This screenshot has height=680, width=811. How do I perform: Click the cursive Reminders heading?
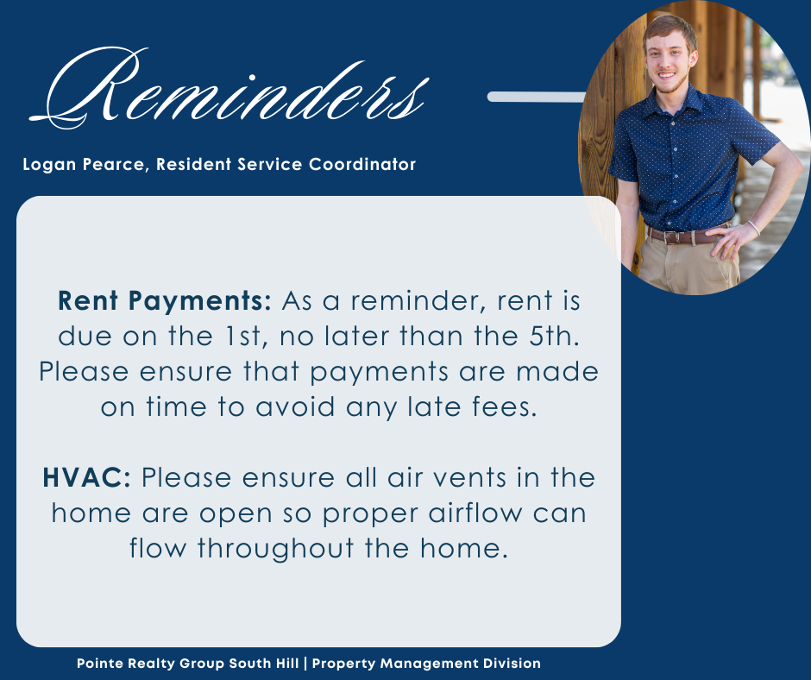click(x=229, y=88)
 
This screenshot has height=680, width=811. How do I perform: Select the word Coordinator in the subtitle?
click(x=362, y=165)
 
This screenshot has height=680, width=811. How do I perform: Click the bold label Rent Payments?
click(x=165, y=301)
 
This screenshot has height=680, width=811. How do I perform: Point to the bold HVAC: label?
click(x=87, y=477)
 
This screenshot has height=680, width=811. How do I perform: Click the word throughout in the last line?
click(x=276, y=549)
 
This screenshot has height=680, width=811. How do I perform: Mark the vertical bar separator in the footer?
click(x=305, y=664)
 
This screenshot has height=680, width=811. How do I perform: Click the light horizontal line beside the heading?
click(x=537, y=97)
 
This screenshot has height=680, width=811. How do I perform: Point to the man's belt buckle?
click(x=671, y=237)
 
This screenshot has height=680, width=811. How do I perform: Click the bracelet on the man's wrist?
click(x=753, y=227)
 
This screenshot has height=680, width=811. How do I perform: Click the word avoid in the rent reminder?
click(x=295, y=407)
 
